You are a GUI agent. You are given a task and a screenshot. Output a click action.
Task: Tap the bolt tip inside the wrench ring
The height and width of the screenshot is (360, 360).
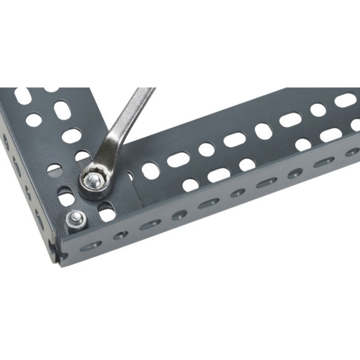(x=94, y=180)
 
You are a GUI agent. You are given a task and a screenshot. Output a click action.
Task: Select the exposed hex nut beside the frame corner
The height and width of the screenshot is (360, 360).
(x=76, y=220)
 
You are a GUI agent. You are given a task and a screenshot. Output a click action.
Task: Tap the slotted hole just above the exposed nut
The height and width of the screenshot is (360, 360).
(x=66, y=197)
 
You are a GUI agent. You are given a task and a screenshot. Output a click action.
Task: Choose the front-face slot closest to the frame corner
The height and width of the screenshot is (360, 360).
(x=91, y=245)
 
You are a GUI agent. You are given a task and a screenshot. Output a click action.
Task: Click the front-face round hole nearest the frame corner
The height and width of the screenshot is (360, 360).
(x=121, y=235)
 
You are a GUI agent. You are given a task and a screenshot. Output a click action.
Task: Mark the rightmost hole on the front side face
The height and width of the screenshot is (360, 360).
(x=352, y=152)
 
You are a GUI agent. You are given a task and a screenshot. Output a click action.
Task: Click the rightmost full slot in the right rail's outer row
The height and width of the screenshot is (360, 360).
(x=331, y=135)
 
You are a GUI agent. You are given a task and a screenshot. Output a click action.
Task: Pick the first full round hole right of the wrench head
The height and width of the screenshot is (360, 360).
(x=150, y=171)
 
